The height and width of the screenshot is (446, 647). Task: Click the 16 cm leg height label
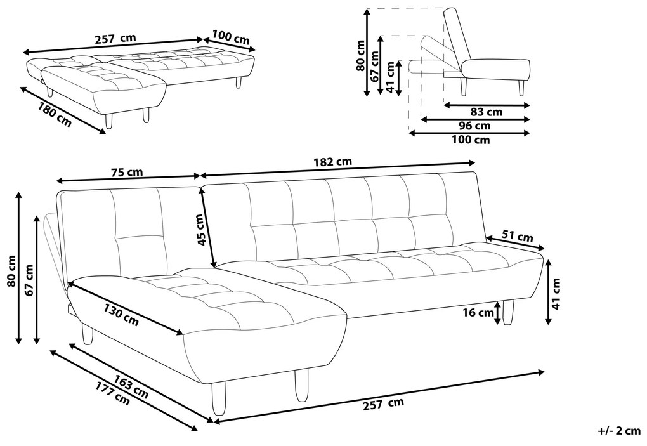point(478,312)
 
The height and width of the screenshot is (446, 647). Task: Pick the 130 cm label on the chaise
point(121,315)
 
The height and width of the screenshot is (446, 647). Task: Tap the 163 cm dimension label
point(131,386)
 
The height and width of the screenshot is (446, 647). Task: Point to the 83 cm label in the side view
point(487,112)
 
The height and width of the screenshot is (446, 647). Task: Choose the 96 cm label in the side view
point(475,126)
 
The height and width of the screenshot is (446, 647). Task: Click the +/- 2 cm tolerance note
point(619,431)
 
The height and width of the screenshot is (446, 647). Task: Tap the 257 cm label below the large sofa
point(383,404)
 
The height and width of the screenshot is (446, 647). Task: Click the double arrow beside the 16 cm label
point(499,312)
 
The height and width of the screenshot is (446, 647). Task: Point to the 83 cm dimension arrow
point(487,105)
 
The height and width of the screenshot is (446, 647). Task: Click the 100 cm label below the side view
point(471,140)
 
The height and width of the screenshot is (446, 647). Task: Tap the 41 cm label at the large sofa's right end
point(557,293)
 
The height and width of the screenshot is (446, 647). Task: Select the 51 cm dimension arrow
point(515,244)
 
